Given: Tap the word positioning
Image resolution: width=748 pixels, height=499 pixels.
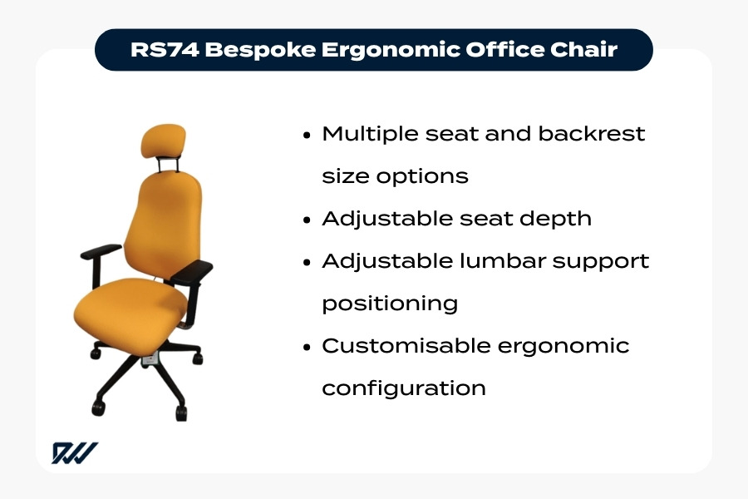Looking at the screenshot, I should click(390, 304).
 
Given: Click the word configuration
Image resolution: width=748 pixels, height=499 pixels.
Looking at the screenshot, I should click(404, 388).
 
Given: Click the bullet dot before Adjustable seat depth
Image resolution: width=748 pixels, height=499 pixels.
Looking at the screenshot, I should click(308, 220).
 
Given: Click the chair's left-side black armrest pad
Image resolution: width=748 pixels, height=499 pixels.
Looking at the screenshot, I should click(101, 251).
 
